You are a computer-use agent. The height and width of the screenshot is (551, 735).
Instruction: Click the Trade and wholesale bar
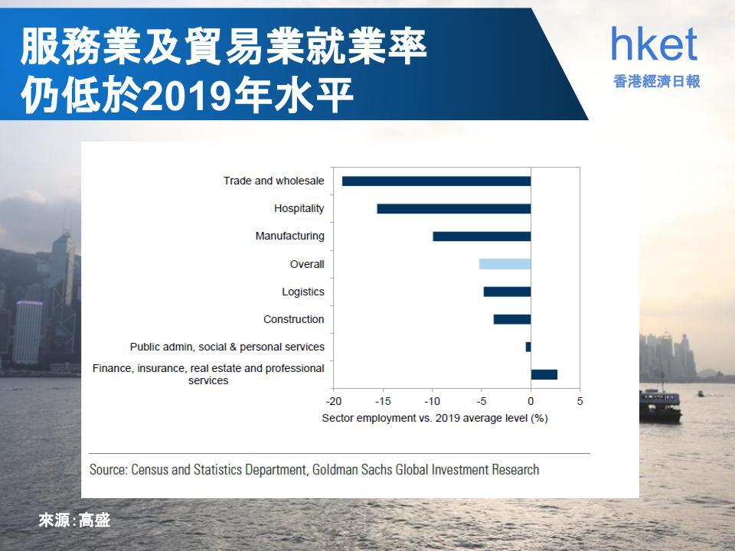click(436, 181)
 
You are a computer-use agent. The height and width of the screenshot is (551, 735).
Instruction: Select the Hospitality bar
click(454, 209)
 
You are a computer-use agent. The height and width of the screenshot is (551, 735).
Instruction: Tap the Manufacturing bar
click(482, 236)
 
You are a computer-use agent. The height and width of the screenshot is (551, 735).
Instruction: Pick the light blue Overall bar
click(505, 264)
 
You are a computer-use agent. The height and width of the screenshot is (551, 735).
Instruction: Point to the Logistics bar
click(507, 292)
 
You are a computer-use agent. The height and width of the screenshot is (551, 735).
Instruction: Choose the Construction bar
click(512, 320)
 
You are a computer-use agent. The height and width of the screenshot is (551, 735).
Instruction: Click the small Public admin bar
click(528, 347)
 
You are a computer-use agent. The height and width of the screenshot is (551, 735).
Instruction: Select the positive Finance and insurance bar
click(544, 374)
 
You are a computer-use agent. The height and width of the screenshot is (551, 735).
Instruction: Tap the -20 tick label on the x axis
click(334, 401)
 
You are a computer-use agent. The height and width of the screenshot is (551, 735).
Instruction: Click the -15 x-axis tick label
click(383, 401)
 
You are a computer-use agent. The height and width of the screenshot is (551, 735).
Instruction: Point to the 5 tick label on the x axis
click(580, 401)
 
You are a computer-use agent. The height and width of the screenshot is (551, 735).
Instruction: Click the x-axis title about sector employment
click(435, 418)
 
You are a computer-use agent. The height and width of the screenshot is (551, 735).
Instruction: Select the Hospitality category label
click(299, 208)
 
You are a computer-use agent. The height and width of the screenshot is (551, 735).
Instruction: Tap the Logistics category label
click(303, 292)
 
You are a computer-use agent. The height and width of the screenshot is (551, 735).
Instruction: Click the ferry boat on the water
click(660, 404)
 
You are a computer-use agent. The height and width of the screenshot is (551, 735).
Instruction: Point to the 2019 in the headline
click(188, 95)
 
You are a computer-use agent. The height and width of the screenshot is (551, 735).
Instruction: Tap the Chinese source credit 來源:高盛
click(74, 520)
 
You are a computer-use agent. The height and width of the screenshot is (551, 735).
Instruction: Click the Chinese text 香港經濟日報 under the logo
click(657, 82)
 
